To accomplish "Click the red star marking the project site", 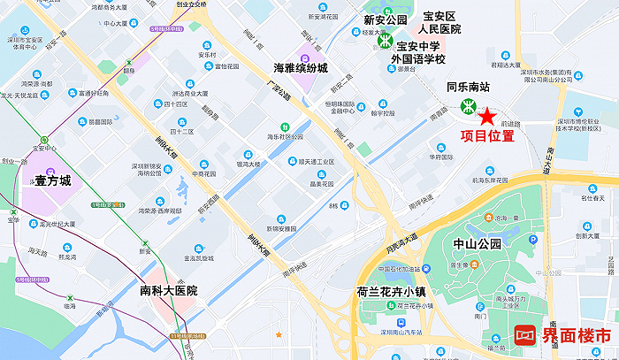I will pos(486,116).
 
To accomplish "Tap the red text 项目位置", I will pos(489,136).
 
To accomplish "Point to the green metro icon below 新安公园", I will pos(385,39).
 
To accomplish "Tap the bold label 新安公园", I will pos(386,19).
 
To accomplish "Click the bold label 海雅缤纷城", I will pos(300,67).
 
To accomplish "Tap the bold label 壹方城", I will pos(52,180).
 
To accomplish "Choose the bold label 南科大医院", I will pos(168,291).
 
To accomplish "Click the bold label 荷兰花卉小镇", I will pos(392,290).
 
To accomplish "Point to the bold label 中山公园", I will pos(477,243).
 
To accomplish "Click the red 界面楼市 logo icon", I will pos(525,336).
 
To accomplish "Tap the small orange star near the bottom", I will pos(279,334).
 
